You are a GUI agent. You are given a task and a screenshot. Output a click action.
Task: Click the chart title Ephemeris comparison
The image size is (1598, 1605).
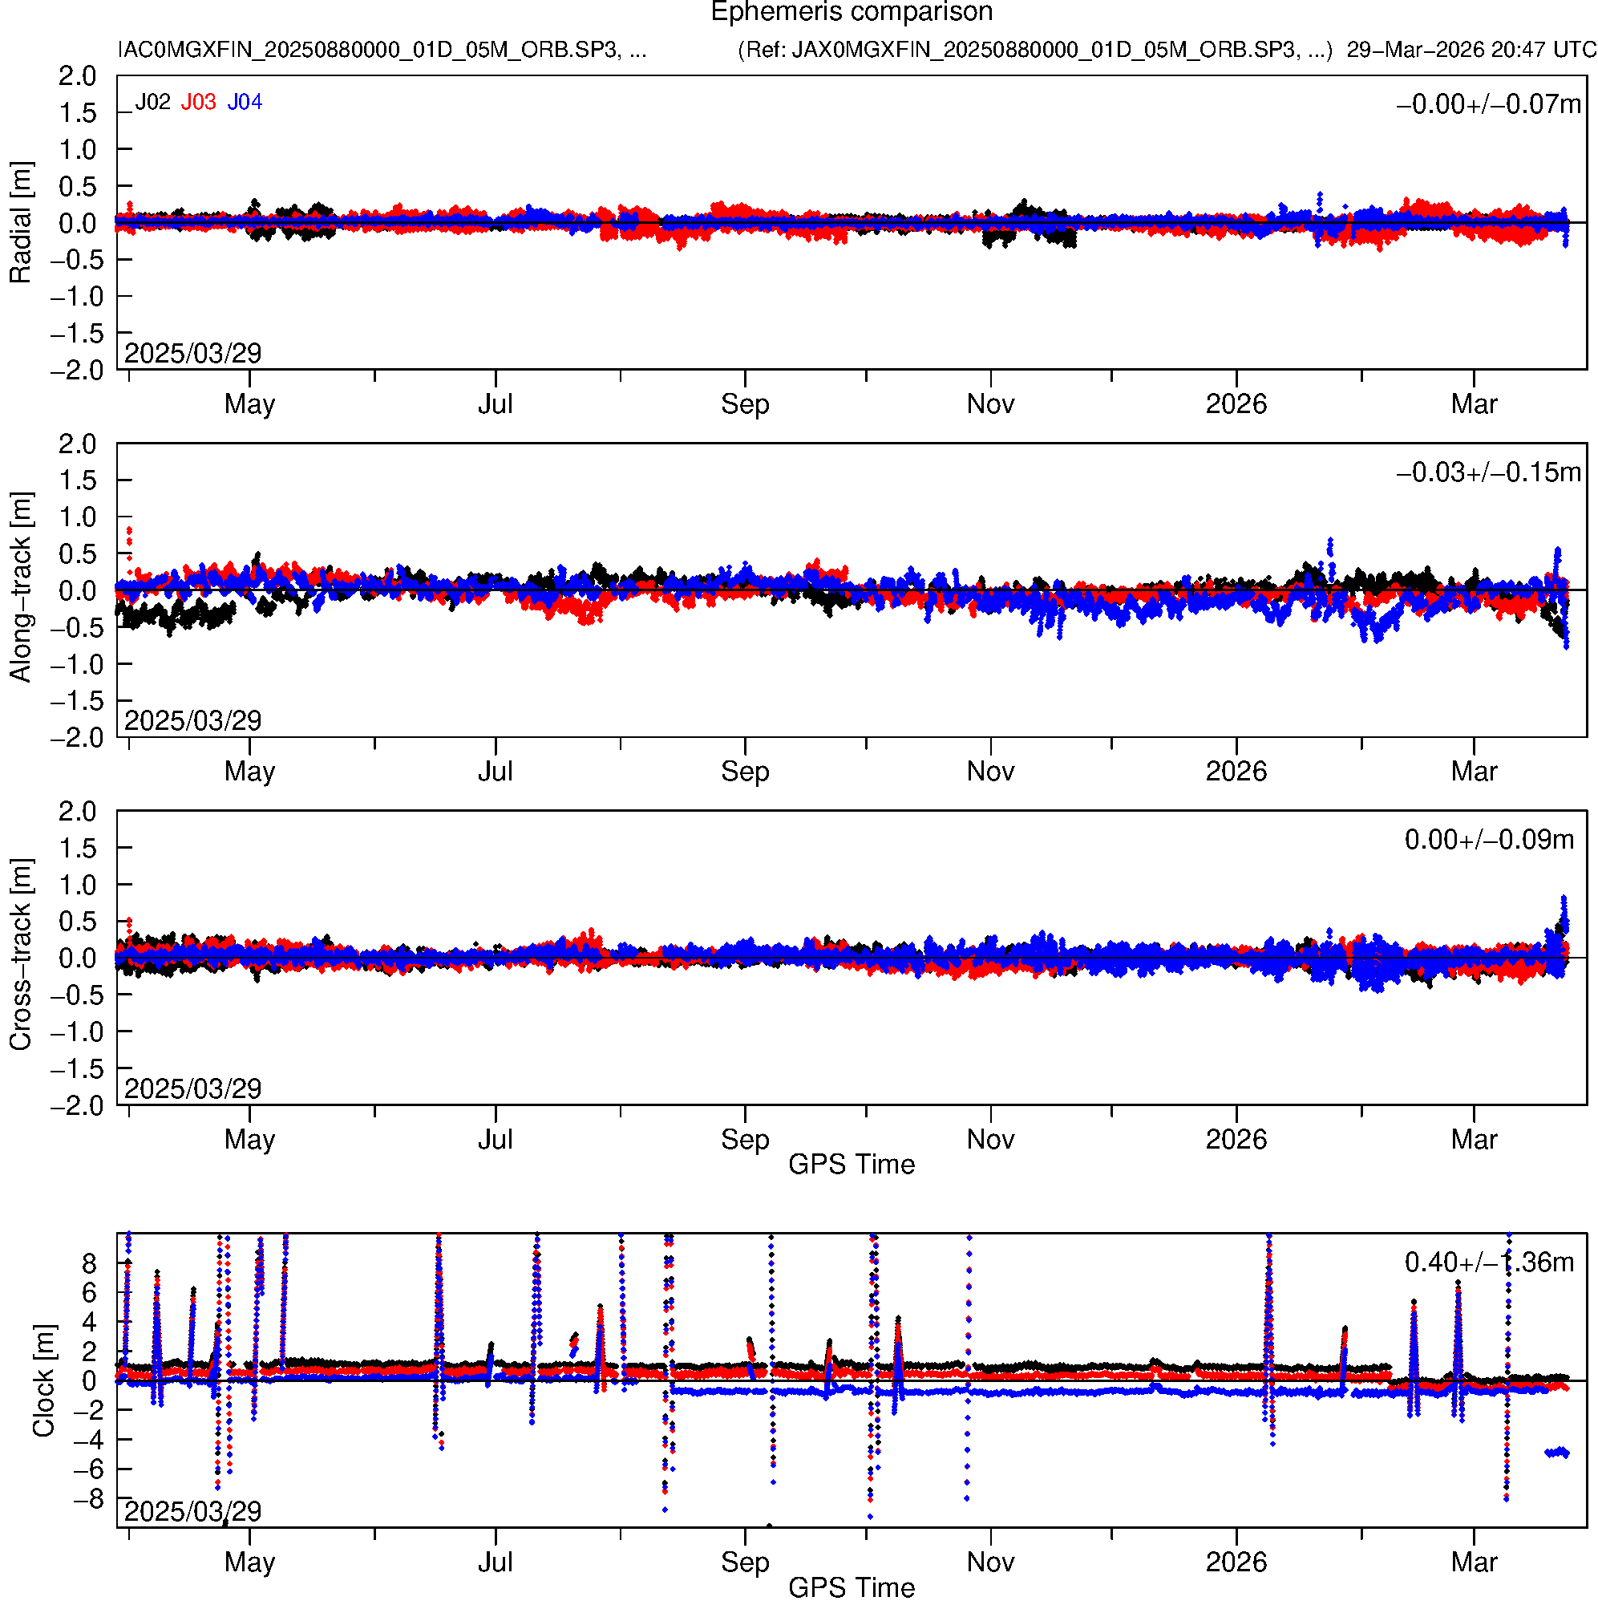point(852,13)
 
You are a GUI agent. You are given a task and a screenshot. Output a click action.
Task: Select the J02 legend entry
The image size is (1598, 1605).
point(153,102)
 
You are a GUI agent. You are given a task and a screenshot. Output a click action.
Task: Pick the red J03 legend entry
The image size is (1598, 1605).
point(199,102)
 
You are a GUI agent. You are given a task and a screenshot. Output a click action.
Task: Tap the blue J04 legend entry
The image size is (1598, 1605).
point(245,102)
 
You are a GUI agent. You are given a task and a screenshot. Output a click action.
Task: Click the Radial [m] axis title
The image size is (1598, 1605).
point(21,223)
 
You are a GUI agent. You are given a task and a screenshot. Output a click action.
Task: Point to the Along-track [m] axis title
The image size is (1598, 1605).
point(21,587)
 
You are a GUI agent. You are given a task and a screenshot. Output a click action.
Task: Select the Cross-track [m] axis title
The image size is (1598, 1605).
point(21,955)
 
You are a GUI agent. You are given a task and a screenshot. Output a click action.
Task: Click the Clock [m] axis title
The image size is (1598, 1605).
point(43,1380)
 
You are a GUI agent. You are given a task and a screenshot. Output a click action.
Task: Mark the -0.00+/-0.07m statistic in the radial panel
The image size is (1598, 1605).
point(1488,104)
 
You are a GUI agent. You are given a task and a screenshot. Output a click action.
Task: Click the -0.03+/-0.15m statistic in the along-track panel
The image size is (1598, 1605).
point(1488,472)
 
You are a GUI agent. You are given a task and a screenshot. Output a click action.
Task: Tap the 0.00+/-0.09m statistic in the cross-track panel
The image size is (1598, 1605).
point(1488,840)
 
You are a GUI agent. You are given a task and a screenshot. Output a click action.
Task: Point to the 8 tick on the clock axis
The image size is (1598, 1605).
point(89,1263)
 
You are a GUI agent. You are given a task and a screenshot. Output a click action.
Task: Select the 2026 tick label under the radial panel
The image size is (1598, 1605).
point(1236,404)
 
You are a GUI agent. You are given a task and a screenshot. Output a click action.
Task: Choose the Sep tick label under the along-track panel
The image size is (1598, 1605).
point(745,772)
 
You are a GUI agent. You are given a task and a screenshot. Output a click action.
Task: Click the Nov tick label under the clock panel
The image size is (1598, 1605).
point(990,1562)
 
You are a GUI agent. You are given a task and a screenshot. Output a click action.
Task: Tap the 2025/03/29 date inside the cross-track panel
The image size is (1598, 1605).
point(192,1088)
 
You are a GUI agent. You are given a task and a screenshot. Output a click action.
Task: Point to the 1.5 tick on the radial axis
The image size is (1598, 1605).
point(77,113)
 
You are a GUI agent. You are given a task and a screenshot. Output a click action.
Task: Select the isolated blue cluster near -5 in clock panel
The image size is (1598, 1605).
point(1556,1452)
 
